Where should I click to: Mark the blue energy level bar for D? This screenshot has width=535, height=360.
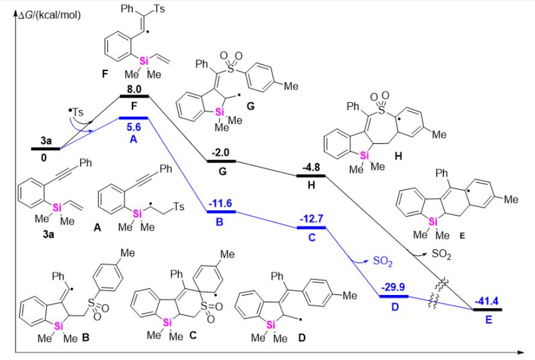393,296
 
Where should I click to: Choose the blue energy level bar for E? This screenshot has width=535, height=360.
487,309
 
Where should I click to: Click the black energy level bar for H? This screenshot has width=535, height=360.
311,176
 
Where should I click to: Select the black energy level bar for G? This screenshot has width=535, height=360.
220,161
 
